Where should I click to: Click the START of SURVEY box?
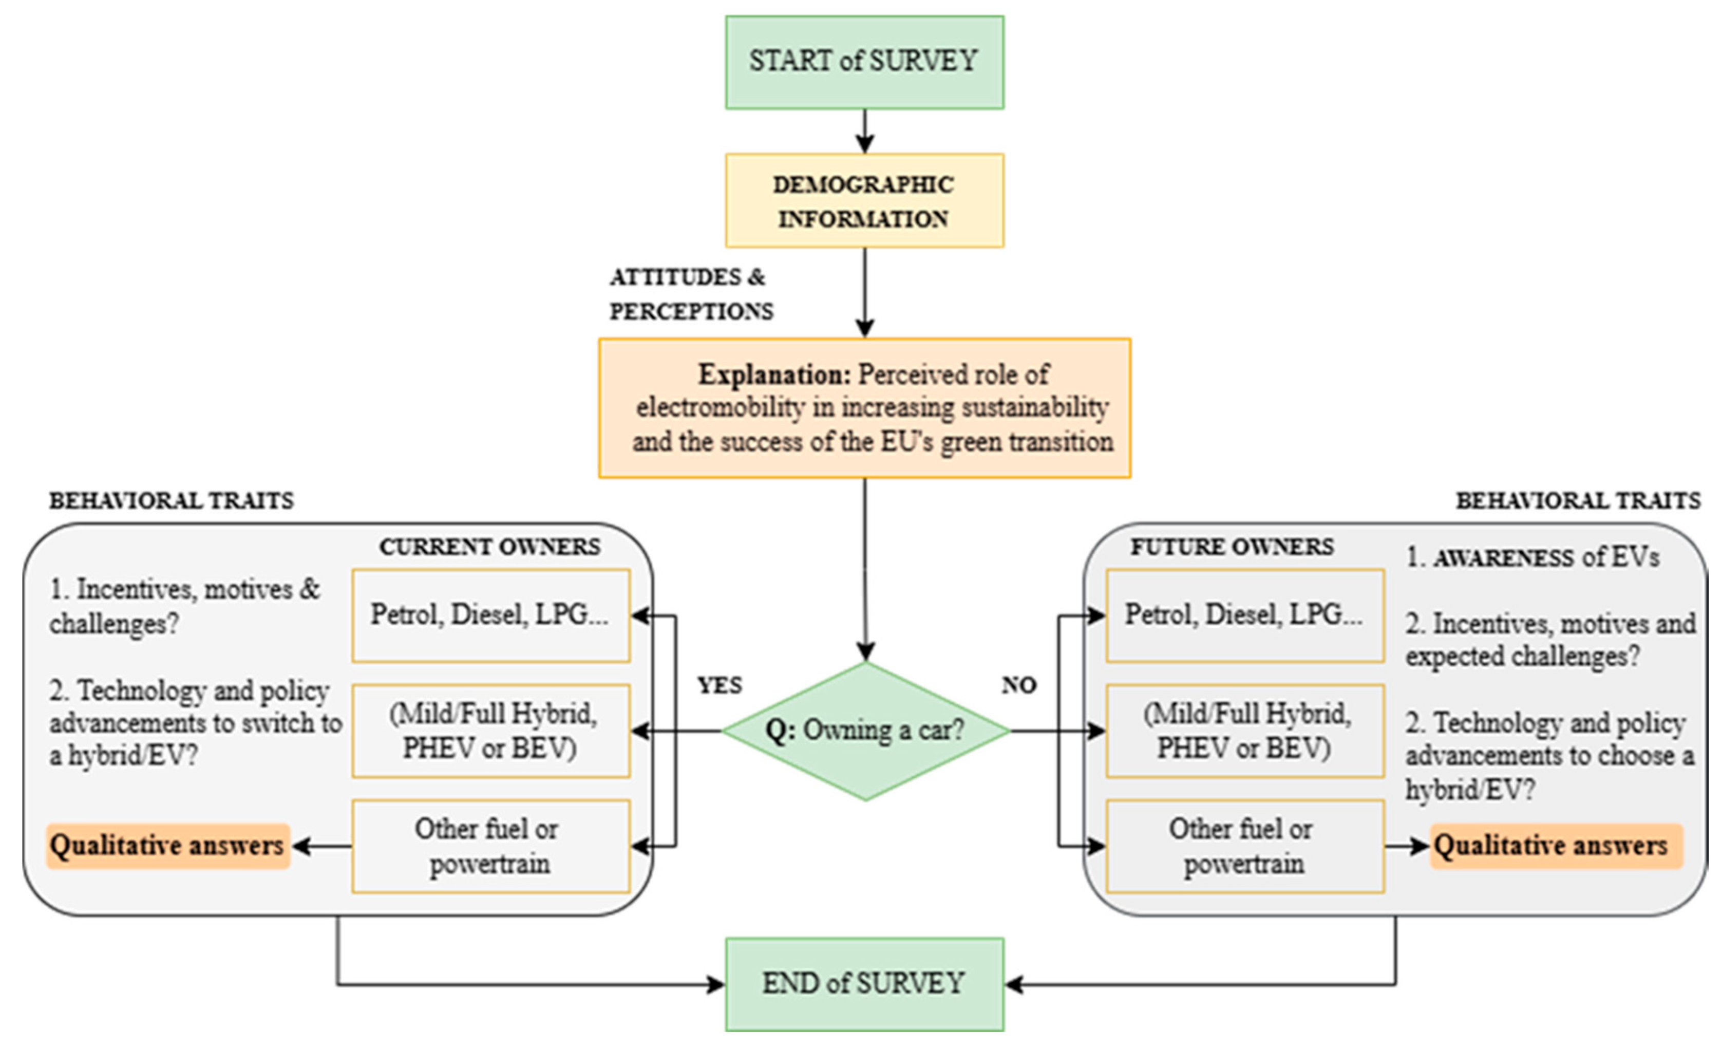click(864, 62)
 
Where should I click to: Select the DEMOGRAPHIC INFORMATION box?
click(864, 201)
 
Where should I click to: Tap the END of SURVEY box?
click(864, 984)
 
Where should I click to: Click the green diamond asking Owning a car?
click(865, 731)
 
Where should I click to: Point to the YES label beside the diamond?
click(720, 685)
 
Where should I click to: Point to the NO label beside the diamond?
click(1018, 685)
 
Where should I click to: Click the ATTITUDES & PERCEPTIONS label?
click(690, 294)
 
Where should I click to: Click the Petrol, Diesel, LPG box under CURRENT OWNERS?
click(490, 615)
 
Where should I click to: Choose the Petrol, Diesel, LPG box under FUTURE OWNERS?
click(1245, 615)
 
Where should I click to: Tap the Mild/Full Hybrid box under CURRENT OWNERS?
click(490, 731)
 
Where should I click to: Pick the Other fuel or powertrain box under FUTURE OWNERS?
click(1245, 846)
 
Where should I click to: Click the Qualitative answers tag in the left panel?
click(168, 846)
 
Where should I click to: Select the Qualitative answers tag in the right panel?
click(1556, 846)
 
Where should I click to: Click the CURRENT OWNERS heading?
click(489, 547)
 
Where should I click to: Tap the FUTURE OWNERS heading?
click(1232, 547)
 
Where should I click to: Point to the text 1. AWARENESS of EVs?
click(1532, 558)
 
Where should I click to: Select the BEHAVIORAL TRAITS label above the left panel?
click(171, 500)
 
